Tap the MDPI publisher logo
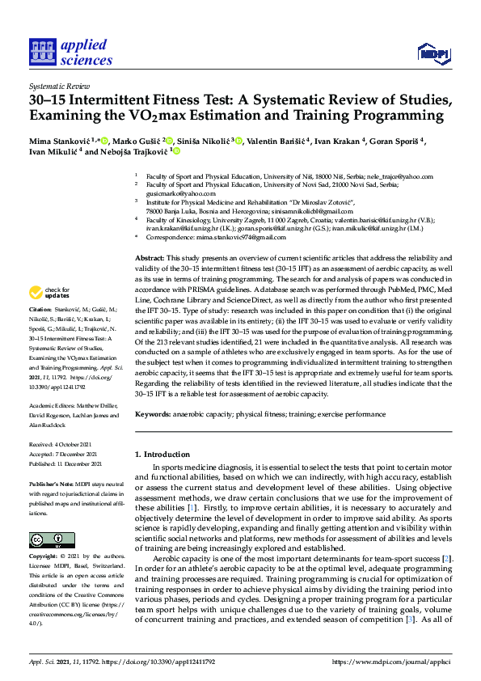tap(432, 53)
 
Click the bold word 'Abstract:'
tap(151, 256)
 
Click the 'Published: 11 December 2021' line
tap(65, 464)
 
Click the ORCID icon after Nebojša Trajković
tap(176, 151)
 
